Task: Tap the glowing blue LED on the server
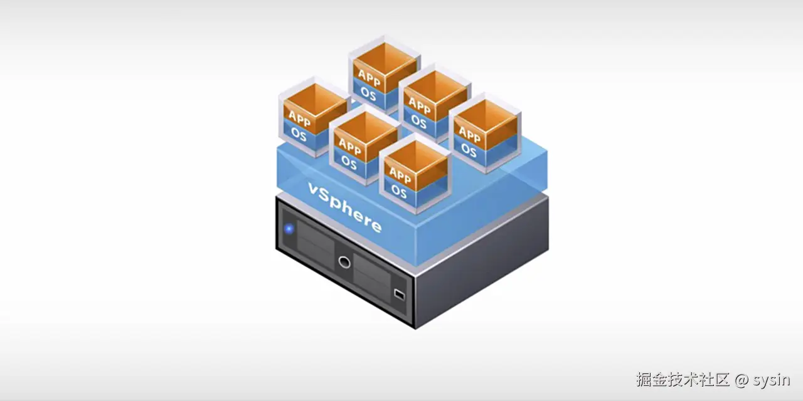[x=289, y=229]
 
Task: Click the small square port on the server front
[x=400, y=294]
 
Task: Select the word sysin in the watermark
[x=771, y=380]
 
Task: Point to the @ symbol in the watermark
[x=742, y=380]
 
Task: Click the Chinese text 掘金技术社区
[x=683, y=380]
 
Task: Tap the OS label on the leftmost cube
[x=299, y=135]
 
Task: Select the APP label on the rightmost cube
[x=469, y=133]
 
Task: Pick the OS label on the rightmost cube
[x=469, y=150]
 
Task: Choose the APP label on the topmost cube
[x=369, y=75]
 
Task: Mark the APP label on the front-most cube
[x=399, y=174]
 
